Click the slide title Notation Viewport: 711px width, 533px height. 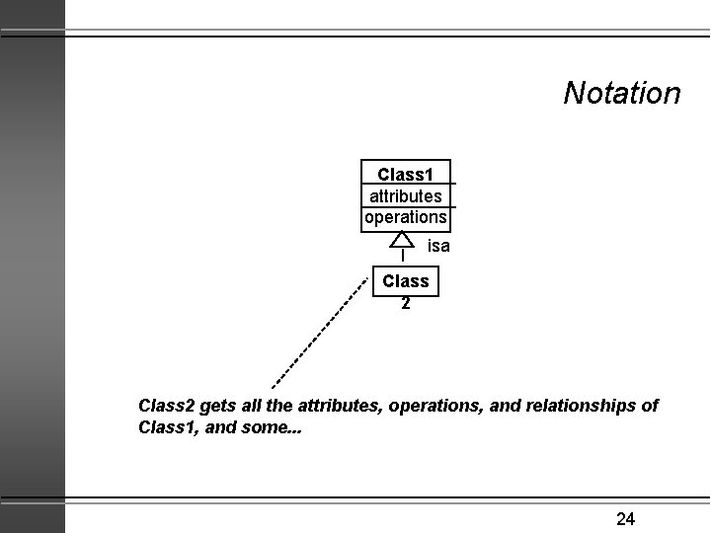click(621, 93)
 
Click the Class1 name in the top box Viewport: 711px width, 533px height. click(405, 174)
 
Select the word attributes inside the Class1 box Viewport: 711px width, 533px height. click(405, 195)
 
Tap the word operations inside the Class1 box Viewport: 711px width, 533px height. click(405, 216)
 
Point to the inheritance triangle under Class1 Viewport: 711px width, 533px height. click(402, 240)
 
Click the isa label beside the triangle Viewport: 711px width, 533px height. click(438, 246)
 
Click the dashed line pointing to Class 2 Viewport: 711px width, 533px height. click(319, 333)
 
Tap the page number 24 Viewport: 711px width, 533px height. click(625, 518)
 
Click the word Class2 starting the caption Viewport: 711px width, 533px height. click(167, 406)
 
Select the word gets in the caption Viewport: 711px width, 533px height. click(217, 406)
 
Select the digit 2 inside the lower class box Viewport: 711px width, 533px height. click(405, 303)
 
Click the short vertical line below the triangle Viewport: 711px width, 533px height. click(403, 256)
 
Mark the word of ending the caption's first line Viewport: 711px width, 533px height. click(650, 406)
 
